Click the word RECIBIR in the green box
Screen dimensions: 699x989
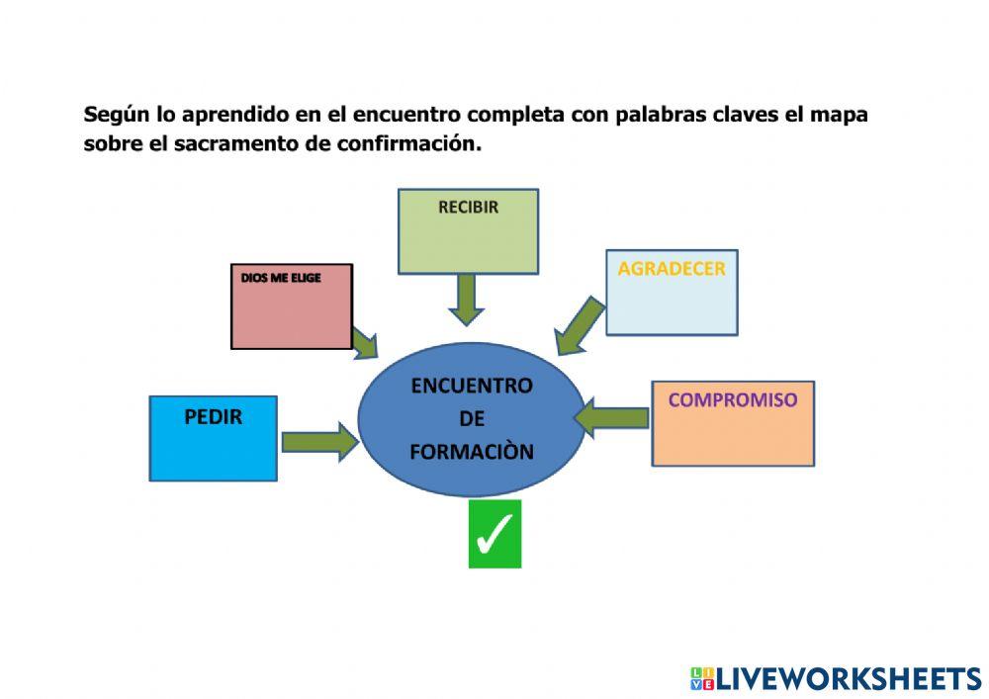[468, 208]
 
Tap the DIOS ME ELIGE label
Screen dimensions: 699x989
[281, 279]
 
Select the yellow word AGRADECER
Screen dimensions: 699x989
[672, 269]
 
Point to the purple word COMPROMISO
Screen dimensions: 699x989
[733, 400]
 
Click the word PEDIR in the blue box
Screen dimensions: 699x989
[213, 417]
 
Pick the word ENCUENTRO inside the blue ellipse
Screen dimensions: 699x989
[472, 386]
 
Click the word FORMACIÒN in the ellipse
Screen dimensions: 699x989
[472, 452]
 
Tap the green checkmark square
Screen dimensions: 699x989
[494, 534]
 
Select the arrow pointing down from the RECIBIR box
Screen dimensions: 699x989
[467, 299]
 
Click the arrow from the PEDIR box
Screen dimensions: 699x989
[318, 441]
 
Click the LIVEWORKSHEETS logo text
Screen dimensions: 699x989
[849, 678]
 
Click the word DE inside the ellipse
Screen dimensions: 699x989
[472, 419]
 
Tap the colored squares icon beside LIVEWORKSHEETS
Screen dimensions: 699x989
[702, 678]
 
